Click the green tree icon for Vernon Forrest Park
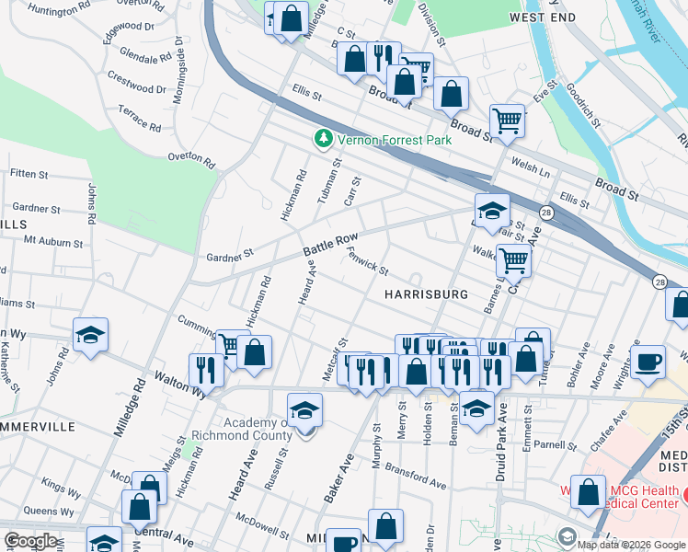tap(323, 140)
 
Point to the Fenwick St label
tap(368, 264)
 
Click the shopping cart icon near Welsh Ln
tap(507, 120)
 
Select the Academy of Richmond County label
tap(247, 429)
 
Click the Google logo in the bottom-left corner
tap(29, 541)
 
